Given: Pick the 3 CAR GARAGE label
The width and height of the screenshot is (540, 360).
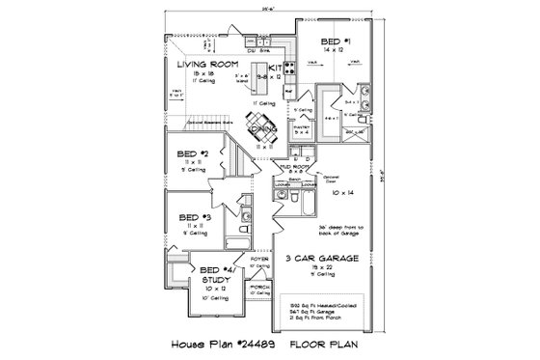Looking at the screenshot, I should (x=315, y=259).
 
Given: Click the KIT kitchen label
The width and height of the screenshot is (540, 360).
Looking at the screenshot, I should (x=278, y=67).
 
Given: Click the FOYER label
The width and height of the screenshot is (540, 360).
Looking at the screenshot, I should (x=261, y=258).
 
